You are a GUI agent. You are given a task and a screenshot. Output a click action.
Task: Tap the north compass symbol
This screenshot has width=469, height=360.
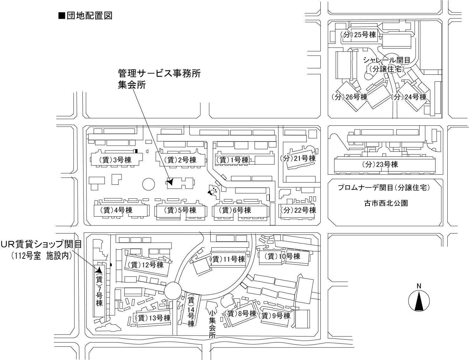coord(419,301)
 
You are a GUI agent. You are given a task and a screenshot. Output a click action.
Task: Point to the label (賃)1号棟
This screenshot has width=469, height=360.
coord(232,160)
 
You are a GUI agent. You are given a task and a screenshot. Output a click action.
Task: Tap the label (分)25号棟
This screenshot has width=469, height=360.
coord(359,35)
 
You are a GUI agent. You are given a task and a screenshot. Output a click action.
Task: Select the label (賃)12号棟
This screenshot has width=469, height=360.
coord(146,265)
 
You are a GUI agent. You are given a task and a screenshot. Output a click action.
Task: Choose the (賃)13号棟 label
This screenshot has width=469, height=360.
coord(153,318)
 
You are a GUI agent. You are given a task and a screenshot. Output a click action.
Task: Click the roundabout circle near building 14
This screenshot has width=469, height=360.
coord(173,290)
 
